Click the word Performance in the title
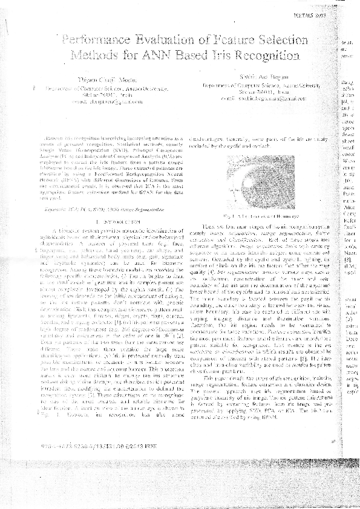97,41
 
